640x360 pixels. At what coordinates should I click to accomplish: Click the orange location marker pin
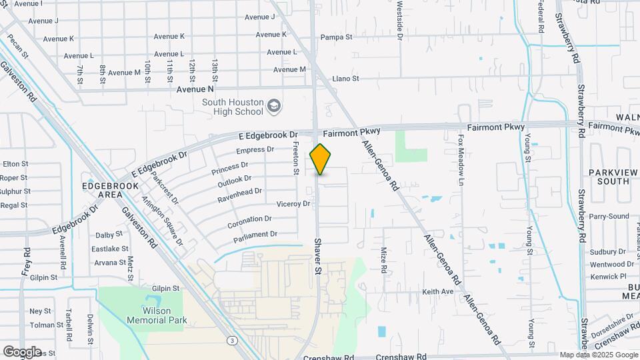[320, 159]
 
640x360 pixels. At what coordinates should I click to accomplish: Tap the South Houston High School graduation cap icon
[273, 106]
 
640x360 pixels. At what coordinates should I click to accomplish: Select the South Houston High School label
[233, 106]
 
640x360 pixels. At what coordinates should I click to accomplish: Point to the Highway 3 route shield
[231, 340]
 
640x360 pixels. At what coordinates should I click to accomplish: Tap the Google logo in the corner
[22, 351]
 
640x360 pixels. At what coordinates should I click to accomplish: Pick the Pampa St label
[336, 37]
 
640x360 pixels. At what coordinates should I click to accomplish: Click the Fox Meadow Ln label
[460, 160]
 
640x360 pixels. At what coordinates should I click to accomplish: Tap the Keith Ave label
[437, 291]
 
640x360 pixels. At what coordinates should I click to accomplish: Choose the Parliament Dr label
[255, 234]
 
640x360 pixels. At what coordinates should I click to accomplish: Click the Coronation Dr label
[249, 219]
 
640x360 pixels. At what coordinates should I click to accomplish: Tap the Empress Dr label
[255, 150]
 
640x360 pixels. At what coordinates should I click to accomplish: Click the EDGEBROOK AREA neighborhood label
[102, 189]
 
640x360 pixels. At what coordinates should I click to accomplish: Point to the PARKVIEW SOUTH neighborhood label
[609, 176]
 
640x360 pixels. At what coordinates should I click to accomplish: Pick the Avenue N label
[195, 88]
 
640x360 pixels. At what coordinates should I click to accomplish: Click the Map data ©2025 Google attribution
[598, 355]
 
